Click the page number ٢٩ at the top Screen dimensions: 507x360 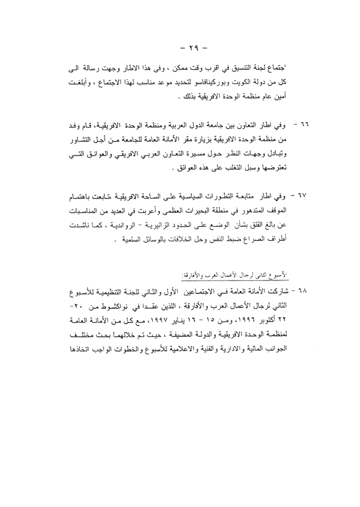pos(180,48)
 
